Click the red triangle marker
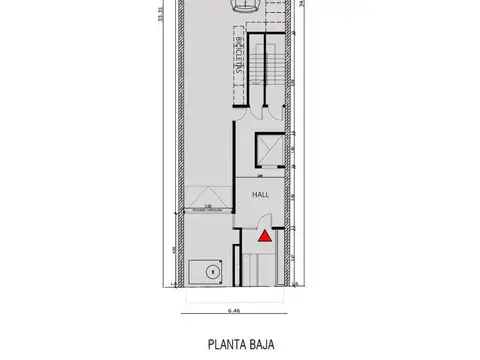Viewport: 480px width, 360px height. (265, 236)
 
